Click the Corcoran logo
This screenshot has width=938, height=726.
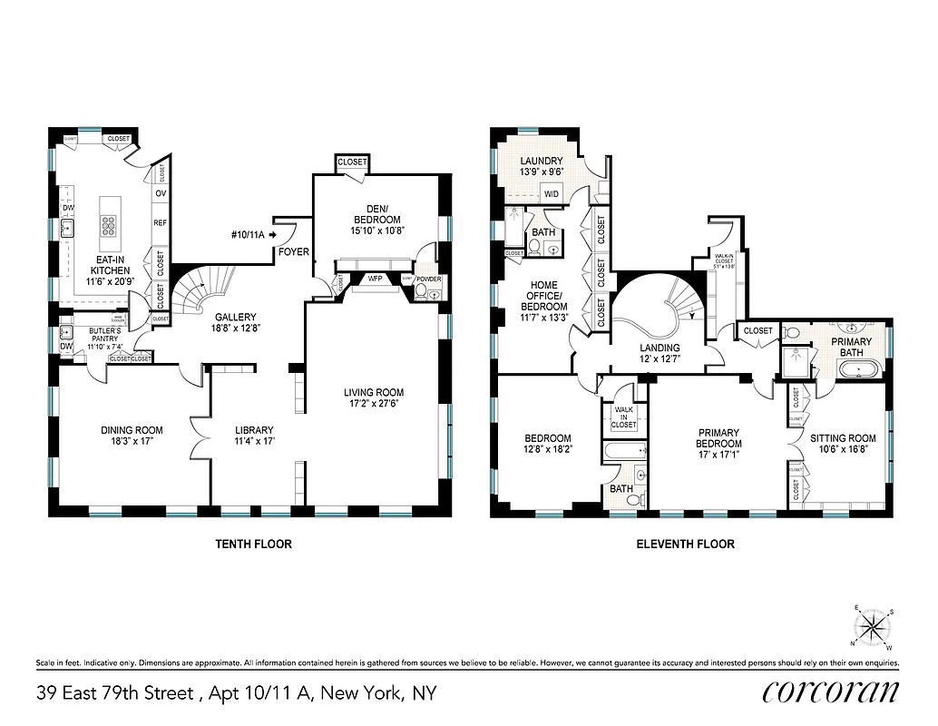(x=830, y=692)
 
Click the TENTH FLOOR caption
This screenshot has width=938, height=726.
(x=253, y=544)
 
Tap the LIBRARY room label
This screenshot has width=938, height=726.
(x=253, y=430)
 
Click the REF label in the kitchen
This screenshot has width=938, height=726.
(x=160, y=221)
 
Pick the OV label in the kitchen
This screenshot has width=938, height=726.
(x=160, y=193)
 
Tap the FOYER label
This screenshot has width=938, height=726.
(x=293, y=251)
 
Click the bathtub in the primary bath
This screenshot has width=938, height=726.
(x=855, y=369)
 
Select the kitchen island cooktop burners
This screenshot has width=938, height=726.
(x=109, y=224)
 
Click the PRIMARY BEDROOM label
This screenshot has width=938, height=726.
(x=718, y=438)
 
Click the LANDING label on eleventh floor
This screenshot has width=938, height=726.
(x=660, y=348)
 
